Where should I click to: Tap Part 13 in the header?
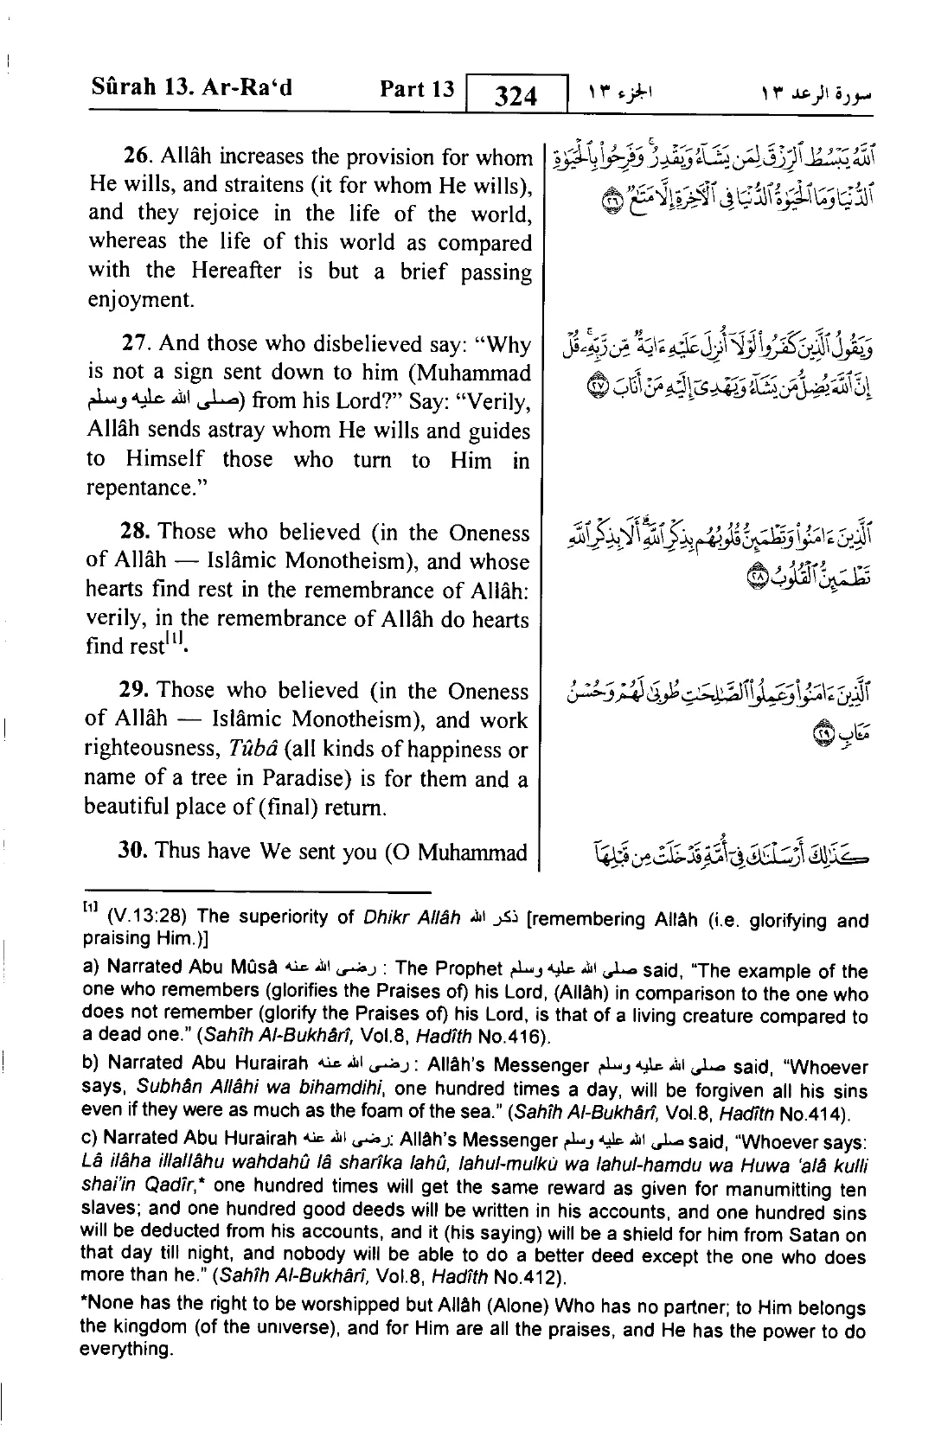click(417, 89)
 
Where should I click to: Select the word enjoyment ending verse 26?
click(139, 301)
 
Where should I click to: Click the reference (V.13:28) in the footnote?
click(142, 918)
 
